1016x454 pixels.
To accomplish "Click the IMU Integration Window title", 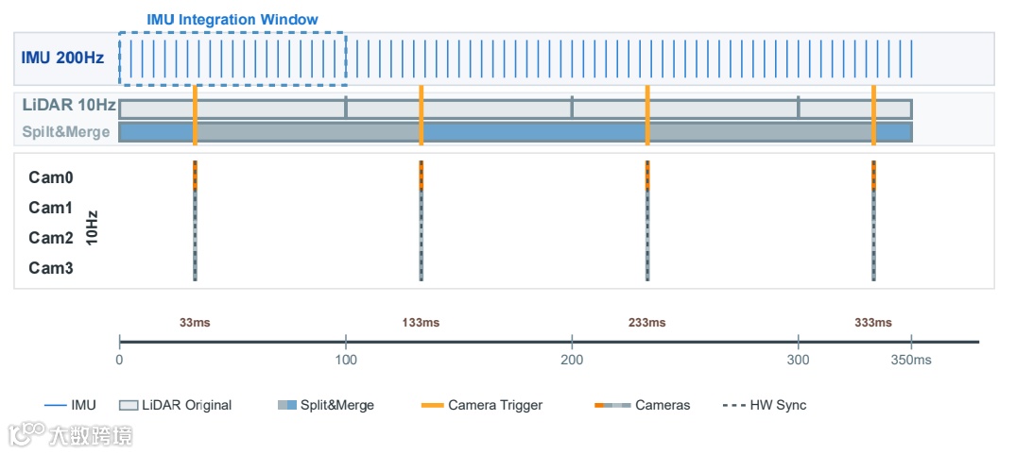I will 232,20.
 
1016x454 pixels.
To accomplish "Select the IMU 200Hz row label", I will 63,57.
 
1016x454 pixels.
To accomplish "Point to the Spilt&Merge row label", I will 66,132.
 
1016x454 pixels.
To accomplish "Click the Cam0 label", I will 51,177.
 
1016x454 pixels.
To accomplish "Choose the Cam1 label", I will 51,208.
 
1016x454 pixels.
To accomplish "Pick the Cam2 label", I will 51,238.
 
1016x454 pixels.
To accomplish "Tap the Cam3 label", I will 51,268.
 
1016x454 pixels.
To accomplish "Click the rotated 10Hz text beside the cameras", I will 92,227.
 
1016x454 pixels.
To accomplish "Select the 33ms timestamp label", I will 195,323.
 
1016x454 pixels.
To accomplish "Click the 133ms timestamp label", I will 421,323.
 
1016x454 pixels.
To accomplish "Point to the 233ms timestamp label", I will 646,323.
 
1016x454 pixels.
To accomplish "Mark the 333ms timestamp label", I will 873,323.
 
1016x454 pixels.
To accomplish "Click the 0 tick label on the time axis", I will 119,360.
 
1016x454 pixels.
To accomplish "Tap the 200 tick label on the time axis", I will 572,360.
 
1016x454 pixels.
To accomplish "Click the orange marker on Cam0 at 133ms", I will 421,176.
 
